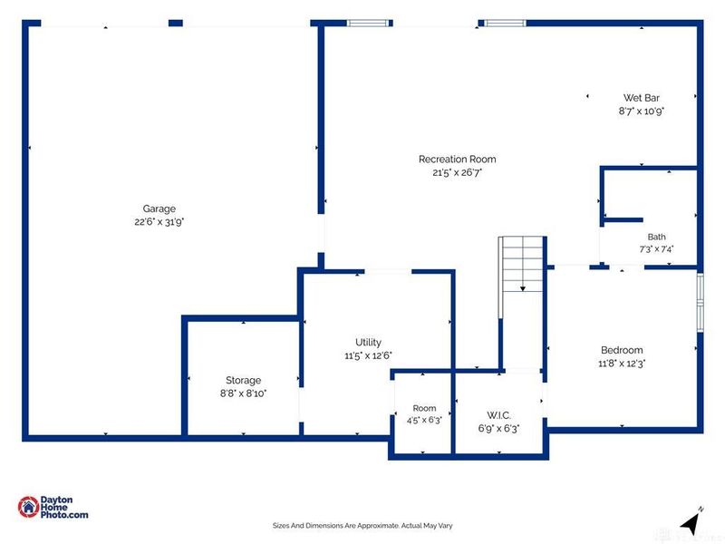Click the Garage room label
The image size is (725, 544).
point(159,209)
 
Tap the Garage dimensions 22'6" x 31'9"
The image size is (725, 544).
point(159,222)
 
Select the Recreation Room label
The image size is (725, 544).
point(458,160)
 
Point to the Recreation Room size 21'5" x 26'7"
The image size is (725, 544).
point(458,172)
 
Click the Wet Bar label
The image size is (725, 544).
point(642,98)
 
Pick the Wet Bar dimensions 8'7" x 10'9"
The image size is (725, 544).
point(642,111)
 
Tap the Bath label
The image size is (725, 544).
point(656,237)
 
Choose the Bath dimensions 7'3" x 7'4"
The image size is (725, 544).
point(656,249)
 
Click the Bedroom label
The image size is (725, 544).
point(622,350)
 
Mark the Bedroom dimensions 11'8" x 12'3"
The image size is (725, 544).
point(622,364)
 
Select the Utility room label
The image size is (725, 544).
point(368,343)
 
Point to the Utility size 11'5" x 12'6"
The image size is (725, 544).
point(368,355)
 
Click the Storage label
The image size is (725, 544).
point(243,380)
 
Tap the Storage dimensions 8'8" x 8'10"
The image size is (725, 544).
point(243,393)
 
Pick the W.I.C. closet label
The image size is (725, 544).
point(499,415)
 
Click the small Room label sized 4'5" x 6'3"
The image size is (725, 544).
point(424,409)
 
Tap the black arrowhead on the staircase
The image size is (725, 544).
point(523,288)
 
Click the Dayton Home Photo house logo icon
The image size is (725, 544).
point(28,507)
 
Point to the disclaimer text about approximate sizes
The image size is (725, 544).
point(362,526)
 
